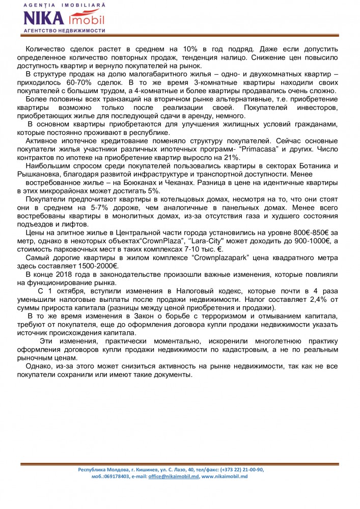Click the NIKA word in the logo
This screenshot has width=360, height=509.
[43, 19]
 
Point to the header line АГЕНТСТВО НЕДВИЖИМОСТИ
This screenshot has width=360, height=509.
[64, 31]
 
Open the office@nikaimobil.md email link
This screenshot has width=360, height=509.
[174, 476]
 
